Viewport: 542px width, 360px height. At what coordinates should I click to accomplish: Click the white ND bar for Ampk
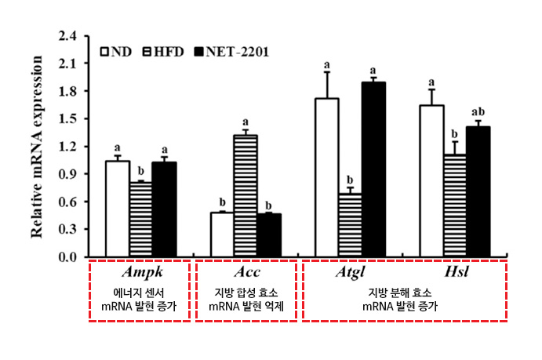[x=117, y=209]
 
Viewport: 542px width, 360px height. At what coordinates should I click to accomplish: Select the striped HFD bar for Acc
[x=246, y=196]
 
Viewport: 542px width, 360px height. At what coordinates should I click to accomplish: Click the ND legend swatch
[x=104, y=52]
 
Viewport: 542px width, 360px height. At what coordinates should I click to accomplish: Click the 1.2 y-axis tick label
[x=68, y=147]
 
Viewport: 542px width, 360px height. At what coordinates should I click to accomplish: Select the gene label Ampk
[x=141, y=272]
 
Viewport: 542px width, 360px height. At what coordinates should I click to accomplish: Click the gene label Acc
[x=246, y=272]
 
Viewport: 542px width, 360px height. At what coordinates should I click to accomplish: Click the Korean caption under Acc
[x=246, y=298]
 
